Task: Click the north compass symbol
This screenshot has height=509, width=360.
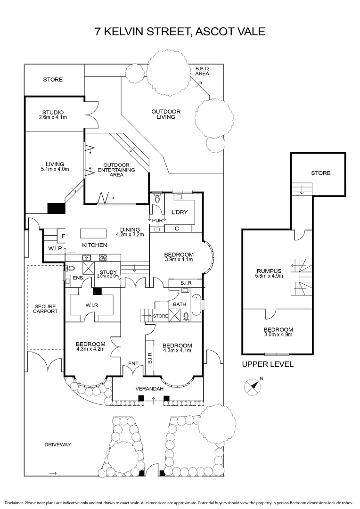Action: point(253,386)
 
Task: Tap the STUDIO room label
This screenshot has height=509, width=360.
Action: point(53,112)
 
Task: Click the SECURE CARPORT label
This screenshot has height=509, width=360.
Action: point(46,309)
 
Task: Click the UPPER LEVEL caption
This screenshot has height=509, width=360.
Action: point(268,364)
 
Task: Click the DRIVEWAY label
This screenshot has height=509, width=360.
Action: point(57,444)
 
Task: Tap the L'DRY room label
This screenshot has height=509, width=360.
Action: point(179,213)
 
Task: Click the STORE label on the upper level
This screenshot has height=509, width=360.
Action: point(320,173)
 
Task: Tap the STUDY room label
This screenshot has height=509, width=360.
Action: point(108,272)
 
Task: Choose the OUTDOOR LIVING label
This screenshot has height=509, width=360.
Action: point(166,114)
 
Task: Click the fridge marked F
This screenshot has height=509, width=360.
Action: point(63,235)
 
